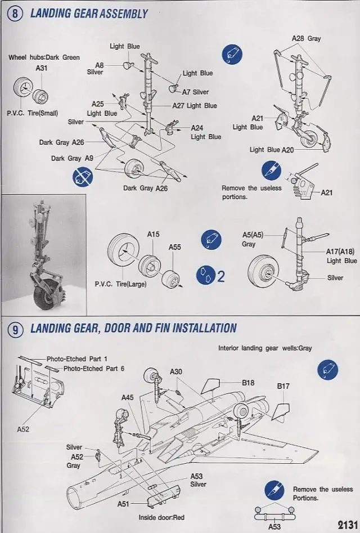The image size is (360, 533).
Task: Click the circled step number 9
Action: coord(15,329)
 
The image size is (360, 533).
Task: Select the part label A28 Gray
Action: coord(306,38)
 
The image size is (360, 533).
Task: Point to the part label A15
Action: coord(154,234)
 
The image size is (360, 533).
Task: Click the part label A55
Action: coord(175,247)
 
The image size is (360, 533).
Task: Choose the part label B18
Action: coord(249,383)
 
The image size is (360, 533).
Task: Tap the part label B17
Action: coord(283,387)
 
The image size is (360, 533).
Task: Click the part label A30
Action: coord(176,372)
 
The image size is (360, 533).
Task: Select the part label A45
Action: coord(128,397)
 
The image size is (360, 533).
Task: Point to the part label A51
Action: coord(123,504)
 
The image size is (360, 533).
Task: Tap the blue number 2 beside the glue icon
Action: coord(220,276)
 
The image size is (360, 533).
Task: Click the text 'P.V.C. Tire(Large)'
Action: coord(120,284)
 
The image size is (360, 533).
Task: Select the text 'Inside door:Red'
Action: coord(162,517)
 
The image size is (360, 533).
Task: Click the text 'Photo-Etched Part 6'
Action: coord(74,368)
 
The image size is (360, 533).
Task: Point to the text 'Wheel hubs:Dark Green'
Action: coord(44,57)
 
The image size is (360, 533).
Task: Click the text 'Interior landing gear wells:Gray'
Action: coord(264,348)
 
